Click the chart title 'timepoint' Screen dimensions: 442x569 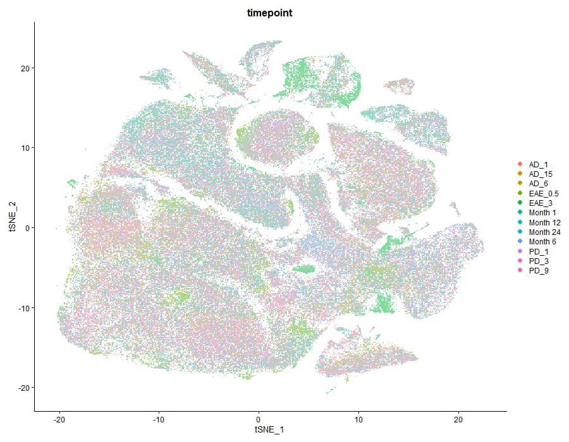tap(270, 13)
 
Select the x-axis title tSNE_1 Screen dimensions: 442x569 tap(270, 429)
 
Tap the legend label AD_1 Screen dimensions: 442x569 tap(538, 164)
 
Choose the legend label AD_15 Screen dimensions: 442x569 tap(540, 174)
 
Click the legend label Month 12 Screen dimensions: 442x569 tap(544, 222)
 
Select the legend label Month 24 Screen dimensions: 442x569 tap(544, 232)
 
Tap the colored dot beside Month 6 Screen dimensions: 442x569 tap(520, 242)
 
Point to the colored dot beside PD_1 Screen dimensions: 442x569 tap(520, 251)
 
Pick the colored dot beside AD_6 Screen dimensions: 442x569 tap(520, 184)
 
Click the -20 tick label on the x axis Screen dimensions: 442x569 tap(59, 419)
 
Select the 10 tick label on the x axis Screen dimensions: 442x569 tap(358, 419)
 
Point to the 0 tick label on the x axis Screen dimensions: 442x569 tap(259, 419)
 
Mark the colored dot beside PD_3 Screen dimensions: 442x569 tap(520, 261)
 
